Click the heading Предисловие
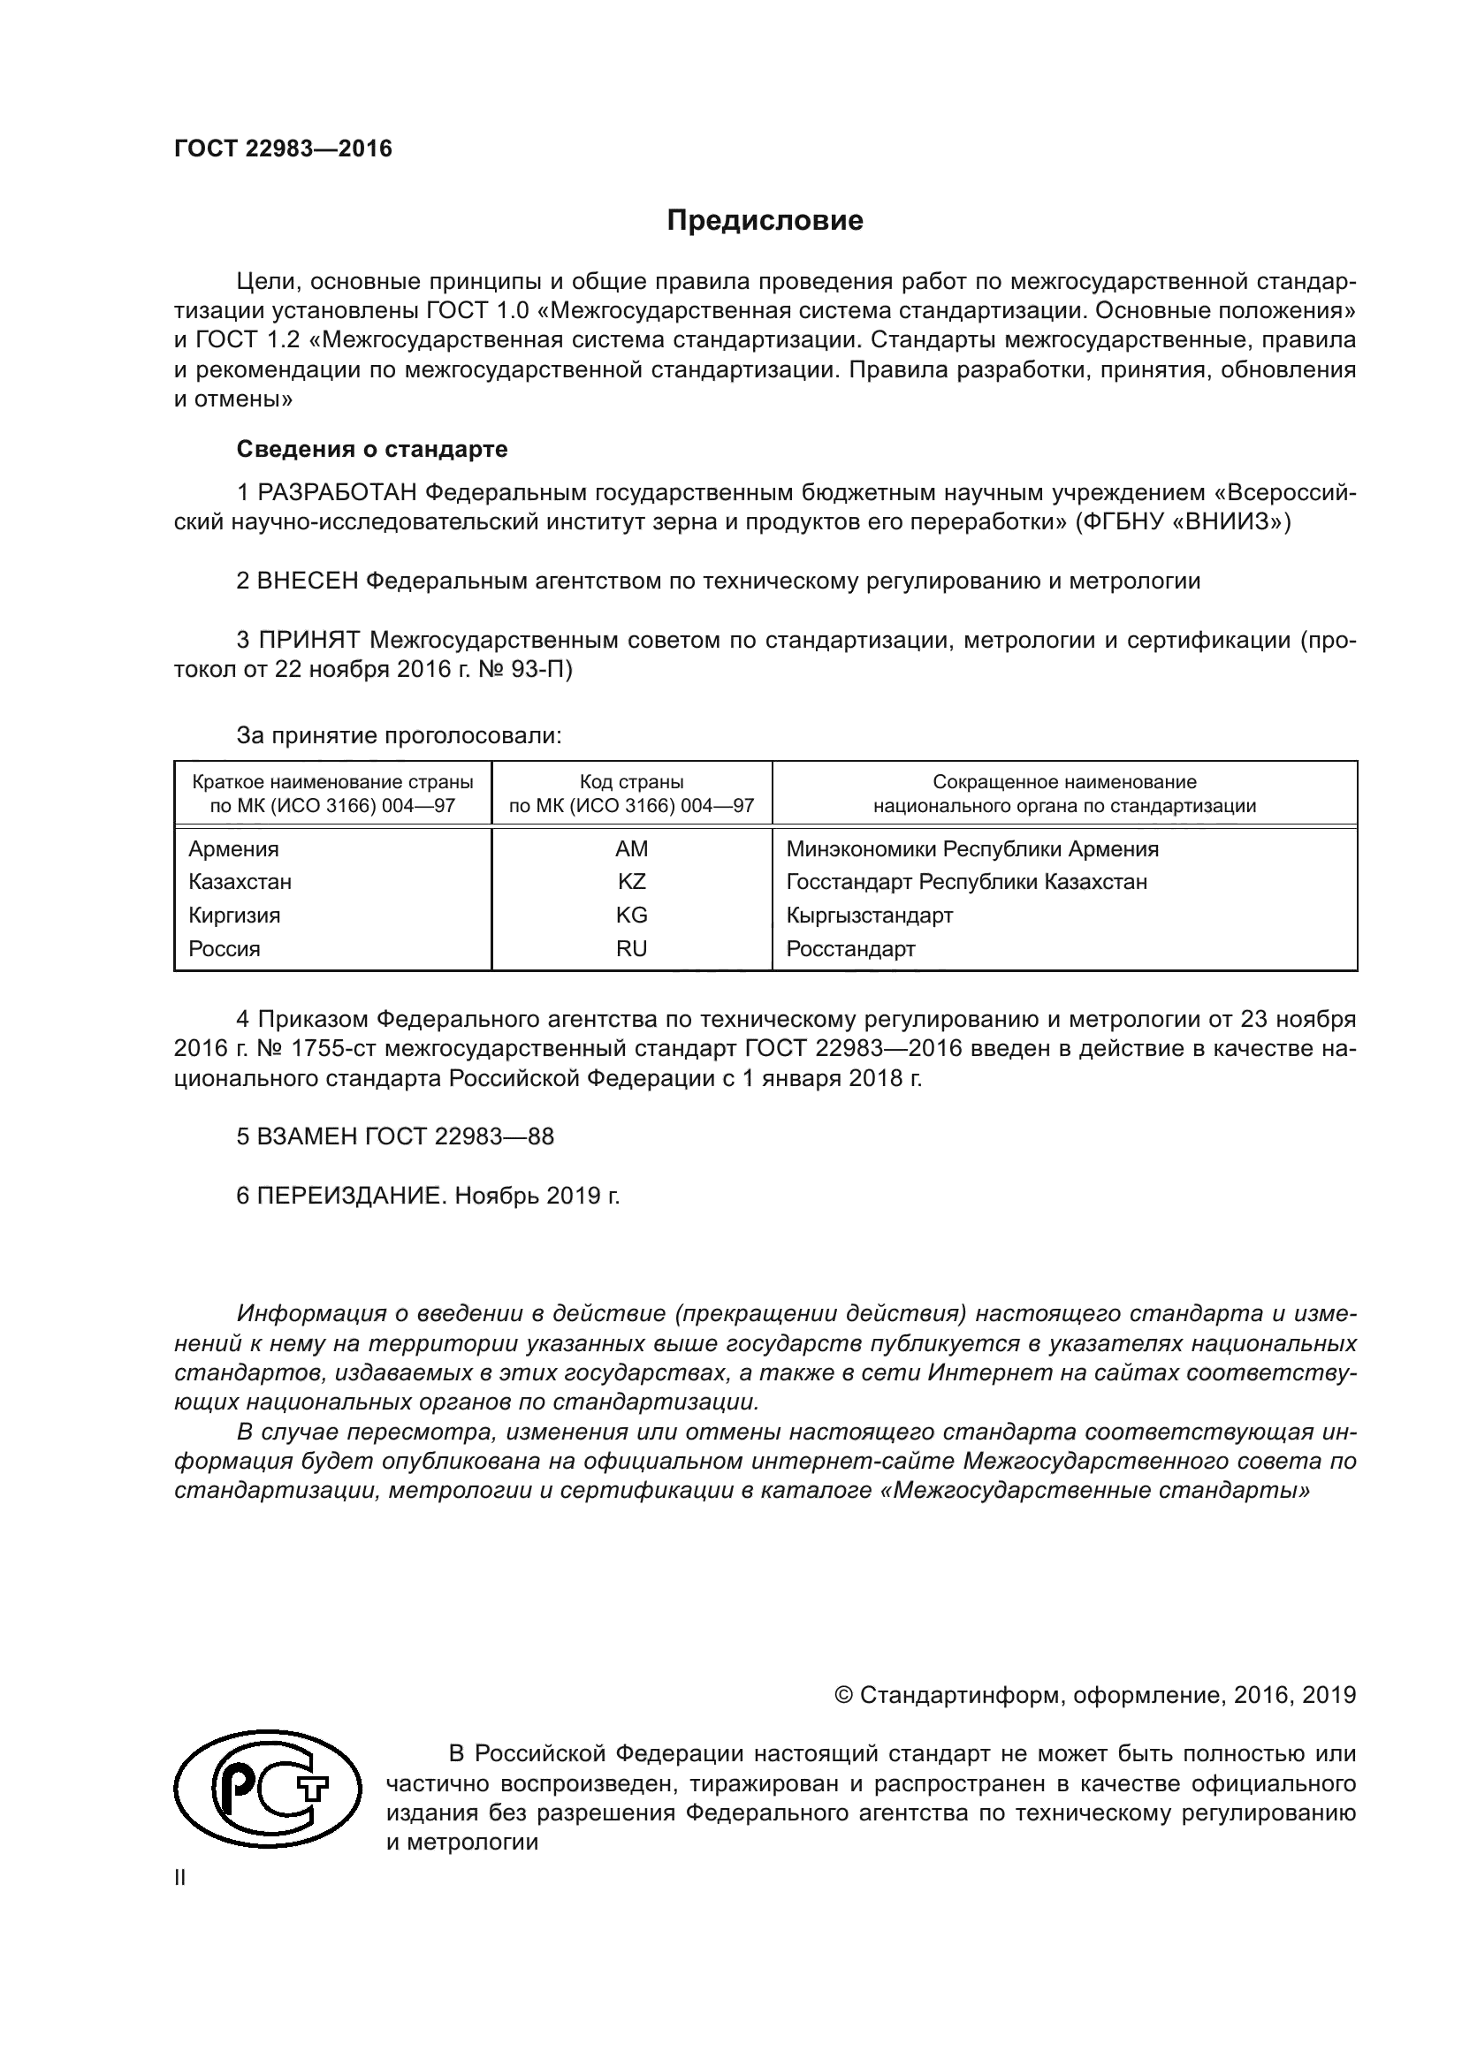(765, 221)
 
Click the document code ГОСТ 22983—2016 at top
(283, 148)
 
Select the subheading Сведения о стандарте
(372, 448)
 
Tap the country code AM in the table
(631, 848)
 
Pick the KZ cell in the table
(631, 881)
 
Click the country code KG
(631, 915)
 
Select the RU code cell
(631, 948)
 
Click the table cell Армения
(233, 848)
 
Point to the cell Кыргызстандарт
(869, 915)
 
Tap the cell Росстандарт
(849, 948)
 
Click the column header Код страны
(631, 781)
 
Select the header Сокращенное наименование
(1064, 781)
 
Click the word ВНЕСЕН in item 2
(308, 581)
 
